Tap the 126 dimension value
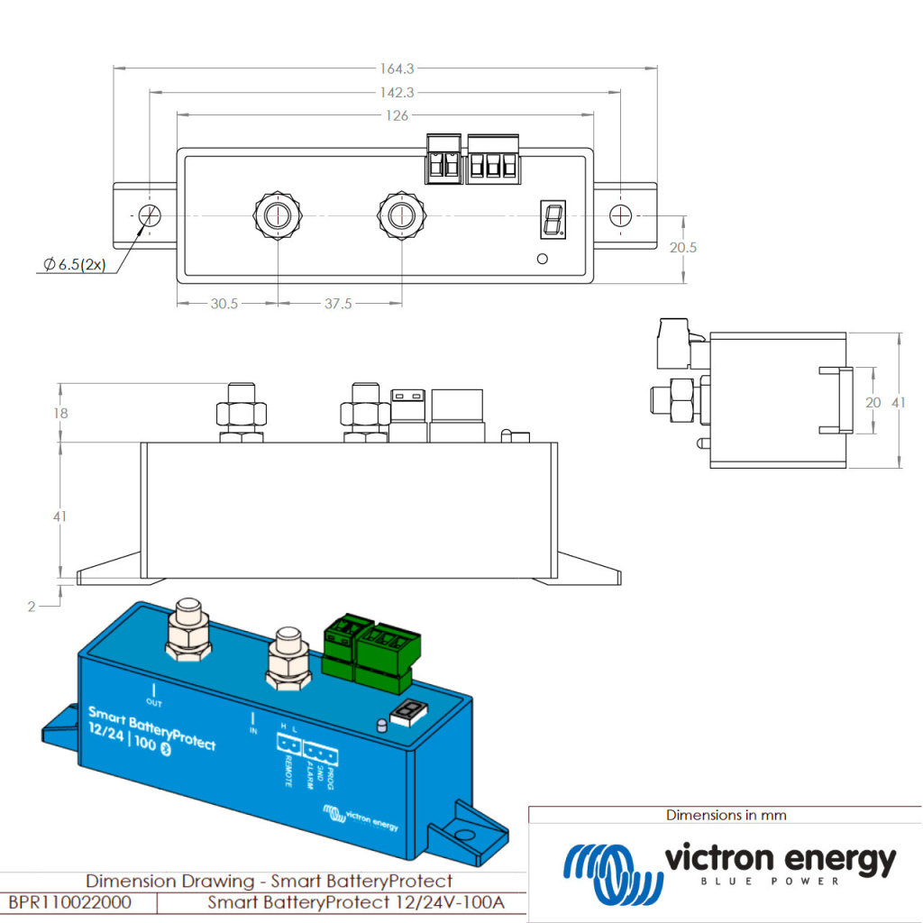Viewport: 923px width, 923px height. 397,115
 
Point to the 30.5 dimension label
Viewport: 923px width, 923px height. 224,305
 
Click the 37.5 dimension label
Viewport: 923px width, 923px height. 338,305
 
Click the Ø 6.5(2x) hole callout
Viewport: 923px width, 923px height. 74,265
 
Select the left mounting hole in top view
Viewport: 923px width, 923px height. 149,216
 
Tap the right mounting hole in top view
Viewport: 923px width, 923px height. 621,216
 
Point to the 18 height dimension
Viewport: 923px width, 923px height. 61,413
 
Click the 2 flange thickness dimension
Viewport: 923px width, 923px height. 32,607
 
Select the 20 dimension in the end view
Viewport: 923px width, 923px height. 873,403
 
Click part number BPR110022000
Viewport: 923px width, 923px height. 69,902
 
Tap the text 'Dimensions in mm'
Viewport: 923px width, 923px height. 726,816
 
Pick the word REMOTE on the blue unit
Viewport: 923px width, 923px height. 288,772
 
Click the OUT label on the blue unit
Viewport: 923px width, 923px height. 153,702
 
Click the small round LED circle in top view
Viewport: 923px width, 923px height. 542,260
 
